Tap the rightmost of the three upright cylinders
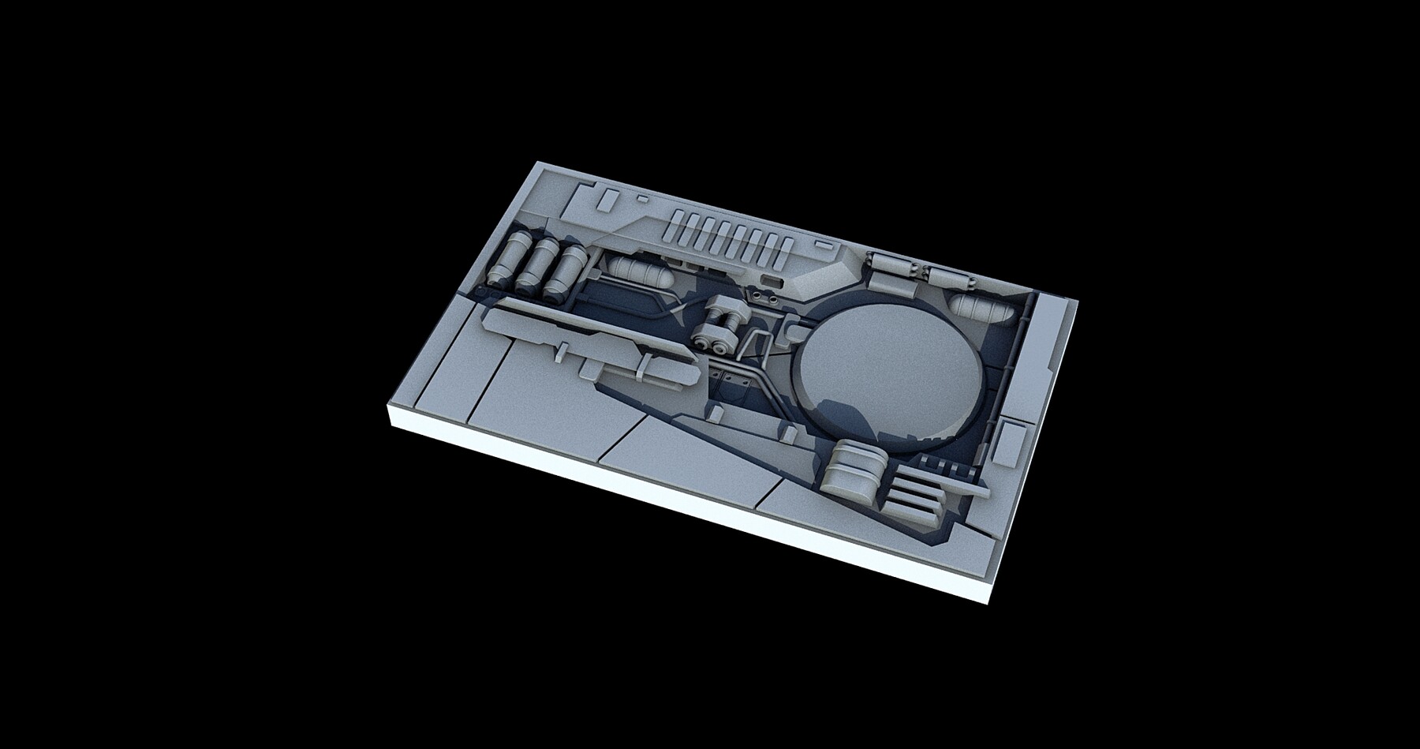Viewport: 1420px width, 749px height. click(566, 272)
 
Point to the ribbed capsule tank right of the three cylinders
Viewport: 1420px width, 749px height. click(639, 272)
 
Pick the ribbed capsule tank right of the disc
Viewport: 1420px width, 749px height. click(980, 309)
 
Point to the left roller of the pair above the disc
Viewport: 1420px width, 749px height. click(890, 264)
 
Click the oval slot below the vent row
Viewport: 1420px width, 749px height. click(771, 279)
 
